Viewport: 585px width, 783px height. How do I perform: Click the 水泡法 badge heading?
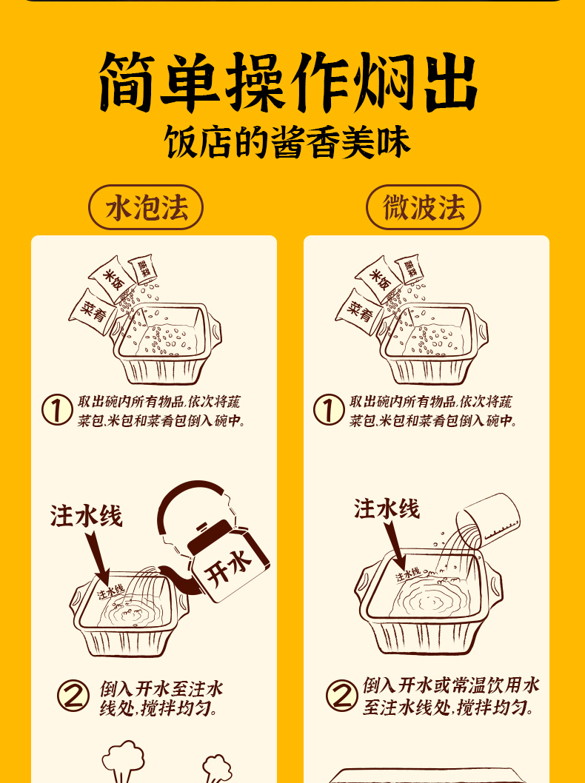[x=146, y=208]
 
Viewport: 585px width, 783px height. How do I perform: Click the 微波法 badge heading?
[x=423, y=208]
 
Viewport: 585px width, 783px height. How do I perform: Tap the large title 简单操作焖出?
[x=289, y=82]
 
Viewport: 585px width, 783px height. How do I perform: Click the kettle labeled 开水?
[x=227, y=564]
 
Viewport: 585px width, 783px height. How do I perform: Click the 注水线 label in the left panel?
[x=86, y=517]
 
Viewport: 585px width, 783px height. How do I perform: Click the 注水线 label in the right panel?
[x=387, y=508]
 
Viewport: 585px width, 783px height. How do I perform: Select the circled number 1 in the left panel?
[x=56, y=411]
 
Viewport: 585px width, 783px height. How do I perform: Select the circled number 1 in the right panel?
[x=328, y=411]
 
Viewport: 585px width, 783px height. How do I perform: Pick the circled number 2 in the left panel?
[x=73, y=696]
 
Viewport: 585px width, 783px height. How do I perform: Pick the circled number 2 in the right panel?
[x=341, y=696]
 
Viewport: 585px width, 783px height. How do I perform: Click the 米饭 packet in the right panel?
[x=380, y=280]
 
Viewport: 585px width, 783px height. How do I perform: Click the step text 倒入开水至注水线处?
[x=161, y=697]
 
